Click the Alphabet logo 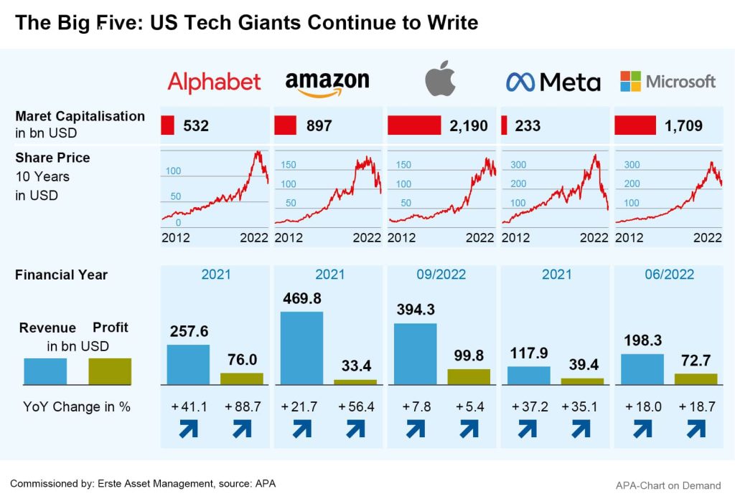[214, 82]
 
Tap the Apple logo [440, 79]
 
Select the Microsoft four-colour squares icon [630, 81]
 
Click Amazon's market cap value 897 [319, 126]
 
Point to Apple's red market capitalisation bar [413, 125]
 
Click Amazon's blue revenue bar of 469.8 [301, 348]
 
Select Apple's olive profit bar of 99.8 [469, 377]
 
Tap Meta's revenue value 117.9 [528, 353]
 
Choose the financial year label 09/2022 [441, 275]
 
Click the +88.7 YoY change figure [243, 406]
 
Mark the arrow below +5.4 [469, 429]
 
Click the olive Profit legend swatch [110, 371]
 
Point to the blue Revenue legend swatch [45, 371]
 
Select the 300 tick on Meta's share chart [518, 165]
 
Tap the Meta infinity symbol [520, 82]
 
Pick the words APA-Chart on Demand [668, 485]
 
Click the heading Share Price [52, 158]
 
